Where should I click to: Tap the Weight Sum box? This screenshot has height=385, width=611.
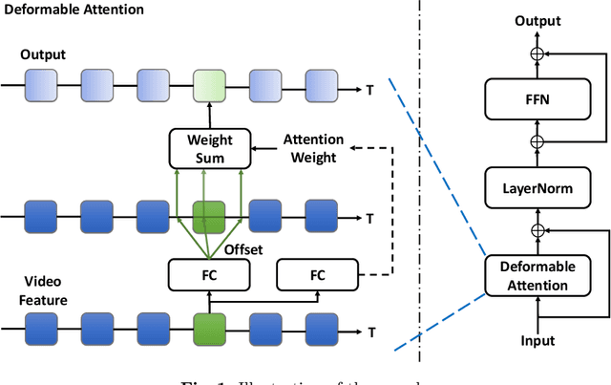tap(209, 148)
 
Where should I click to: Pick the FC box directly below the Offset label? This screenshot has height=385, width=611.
tap(209, 275)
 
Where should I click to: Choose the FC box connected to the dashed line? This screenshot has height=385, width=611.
tap(317, 275)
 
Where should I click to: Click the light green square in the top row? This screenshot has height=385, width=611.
tap(209, 84)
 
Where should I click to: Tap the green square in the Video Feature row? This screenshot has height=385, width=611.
tap(209, 332)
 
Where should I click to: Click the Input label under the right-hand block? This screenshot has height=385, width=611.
tap(537, 341)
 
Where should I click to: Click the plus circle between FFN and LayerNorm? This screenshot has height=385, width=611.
tap(537, 141)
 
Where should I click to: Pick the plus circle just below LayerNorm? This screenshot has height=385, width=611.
tap(537, 230)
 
